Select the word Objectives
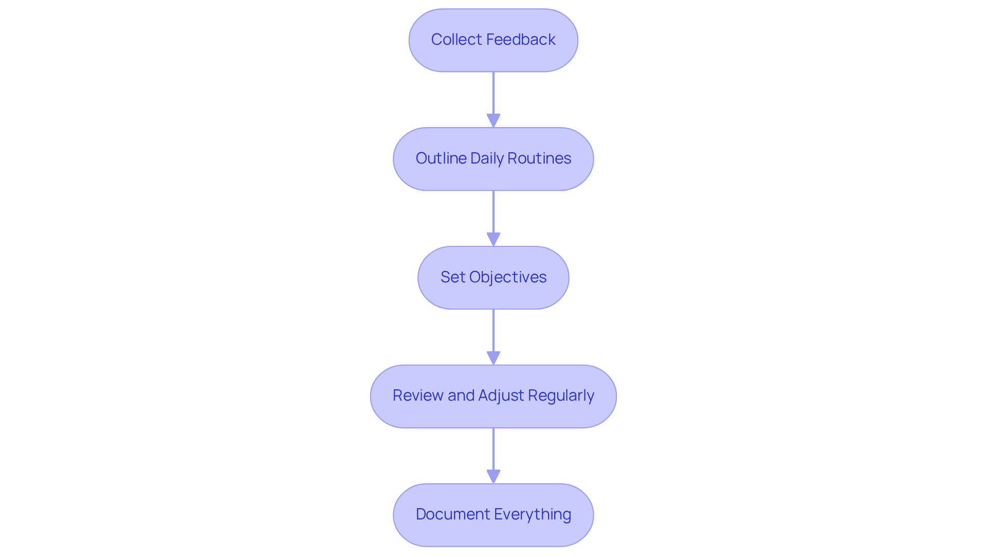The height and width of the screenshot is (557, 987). coord(507,277)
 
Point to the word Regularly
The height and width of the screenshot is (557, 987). coord(561,396)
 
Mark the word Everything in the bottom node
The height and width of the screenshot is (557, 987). coord(533,514)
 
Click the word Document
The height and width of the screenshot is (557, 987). coord(453,514)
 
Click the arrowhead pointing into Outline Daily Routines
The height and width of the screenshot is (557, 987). coord(493,121)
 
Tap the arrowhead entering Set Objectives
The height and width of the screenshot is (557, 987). coord(493,240)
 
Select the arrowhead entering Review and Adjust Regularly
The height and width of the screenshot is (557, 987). coord(493,358)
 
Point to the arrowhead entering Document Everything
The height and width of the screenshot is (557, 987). coord(493,477)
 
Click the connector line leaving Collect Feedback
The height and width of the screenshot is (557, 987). coord(493,93)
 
